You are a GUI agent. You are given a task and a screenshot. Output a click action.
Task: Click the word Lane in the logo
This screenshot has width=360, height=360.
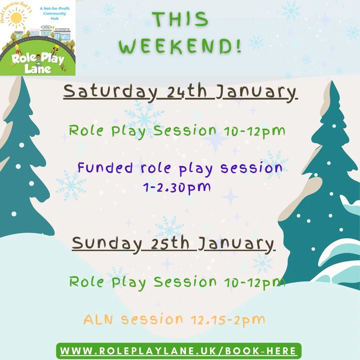(x=38, y=69)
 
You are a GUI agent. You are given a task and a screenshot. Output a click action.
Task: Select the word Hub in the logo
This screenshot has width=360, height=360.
(x=54, y=19)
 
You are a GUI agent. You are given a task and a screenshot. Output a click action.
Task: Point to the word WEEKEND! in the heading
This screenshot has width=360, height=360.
(x=180, y=47)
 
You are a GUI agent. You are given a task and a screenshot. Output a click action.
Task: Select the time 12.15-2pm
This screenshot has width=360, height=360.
(x=227, y=320)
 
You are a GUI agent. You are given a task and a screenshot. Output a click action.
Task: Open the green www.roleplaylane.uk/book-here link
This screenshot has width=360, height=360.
(x=179, y=351)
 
